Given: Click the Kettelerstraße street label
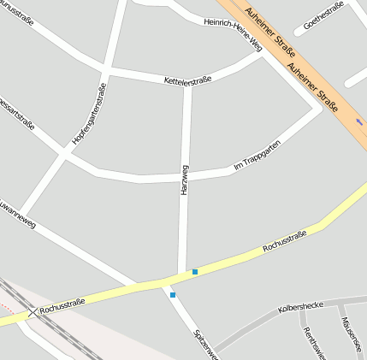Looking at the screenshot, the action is pyautogui.click(x=187, y=80).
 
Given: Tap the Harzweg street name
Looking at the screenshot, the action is pyautogui.click(x=184, y=177).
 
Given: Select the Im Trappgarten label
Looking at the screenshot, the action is pyautogui.click(x=257, y=156).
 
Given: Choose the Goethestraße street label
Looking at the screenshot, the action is pyautogui.click(x=323, y=15).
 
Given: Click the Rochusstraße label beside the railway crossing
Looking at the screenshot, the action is pyautogui.click(x=62, y=304).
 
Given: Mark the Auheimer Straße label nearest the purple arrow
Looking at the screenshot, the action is pyautogui.click(x=313, y=86).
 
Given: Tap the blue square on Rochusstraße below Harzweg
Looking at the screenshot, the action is pyautogui.click(x=195, y=272).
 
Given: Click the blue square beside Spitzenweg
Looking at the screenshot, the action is pyautogui.click(x=173, y=295).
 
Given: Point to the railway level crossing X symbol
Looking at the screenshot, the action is pyautogui.click(x=33, y=312).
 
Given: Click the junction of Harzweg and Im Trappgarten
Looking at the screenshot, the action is pyautogui.click(x=185, y=178).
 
